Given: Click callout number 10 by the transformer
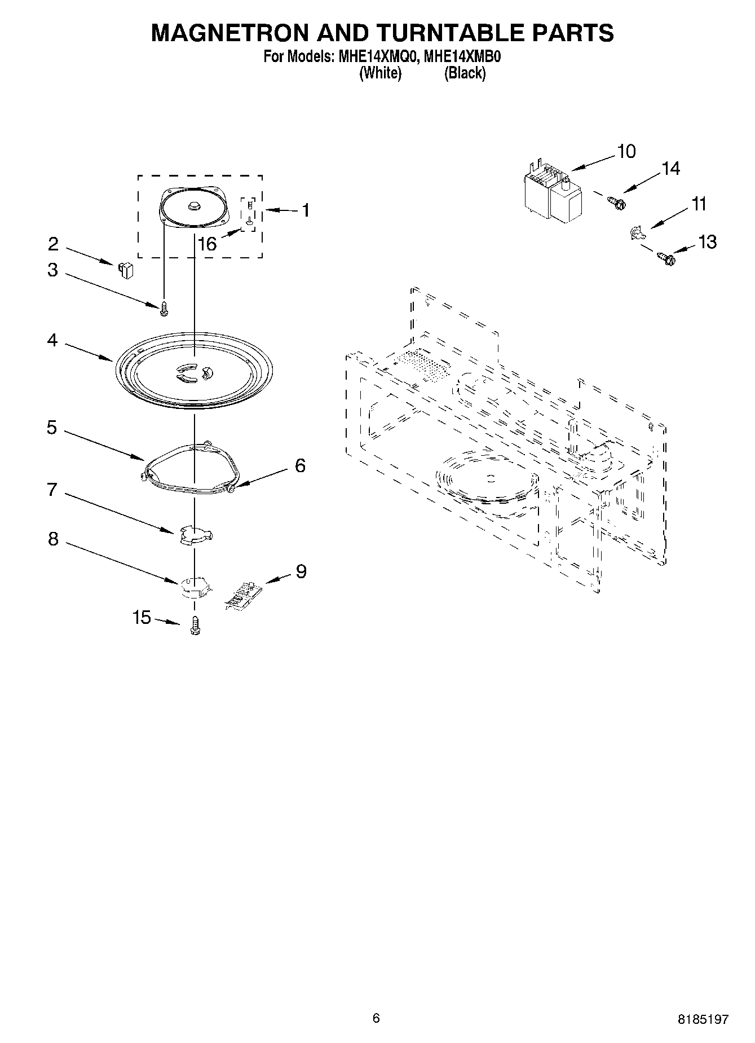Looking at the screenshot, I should [x=626, y=151].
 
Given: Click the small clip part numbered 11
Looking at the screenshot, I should [x=637, y=232].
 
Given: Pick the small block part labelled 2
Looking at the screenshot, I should [x=125, y=270].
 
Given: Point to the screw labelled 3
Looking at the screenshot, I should [x=165, y=308].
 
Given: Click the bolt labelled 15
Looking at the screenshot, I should [x=195, y=626].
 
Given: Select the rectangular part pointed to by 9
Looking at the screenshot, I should [x=244, y=595].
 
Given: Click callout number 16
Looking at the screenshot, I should [x=207, y=244].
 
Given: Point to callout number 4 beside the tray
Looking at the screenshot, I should [x=52, y=340].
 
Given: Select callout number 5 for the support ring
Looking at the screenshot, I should [x=52, y=428].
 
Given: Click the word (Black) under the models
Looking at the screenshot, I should [x=465, y=73].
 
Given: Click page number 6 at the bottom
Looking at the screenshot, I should [x=376, y=1018].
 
